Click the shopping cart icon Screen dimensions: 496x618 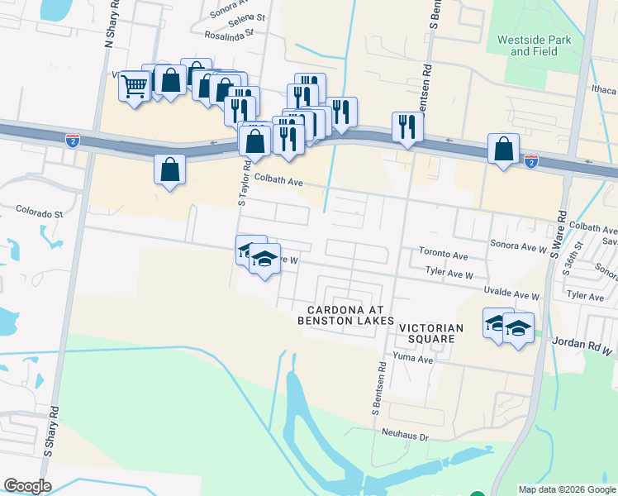click(134, 85)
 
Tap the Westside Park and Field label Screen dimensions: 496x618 click(533, 45)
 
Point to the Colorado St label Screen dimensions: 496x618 click(39, 213)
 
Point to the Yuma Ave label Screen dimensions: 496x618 click(413, 359)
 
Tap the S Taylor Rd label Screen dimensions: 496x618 click(244, 184)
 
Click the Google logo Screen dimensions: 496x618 click(27, 486)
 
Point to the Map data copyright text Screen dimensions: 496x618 click(567, 489)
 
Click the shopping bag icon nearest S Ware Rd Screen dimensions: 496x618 click(503, 150)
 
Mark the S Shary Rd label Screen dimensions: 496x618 click(51, 431)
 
